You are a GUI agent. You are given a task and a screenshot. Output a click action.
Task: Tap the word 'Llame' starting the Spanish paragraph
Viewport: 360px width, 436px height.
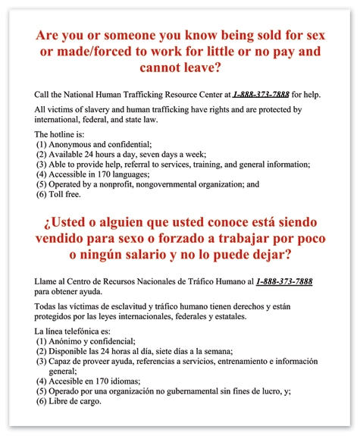(47, 281)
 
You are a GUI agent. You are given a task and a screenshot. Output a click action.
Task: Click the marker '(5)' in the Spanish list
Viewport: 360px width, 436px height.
(42, 391)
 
